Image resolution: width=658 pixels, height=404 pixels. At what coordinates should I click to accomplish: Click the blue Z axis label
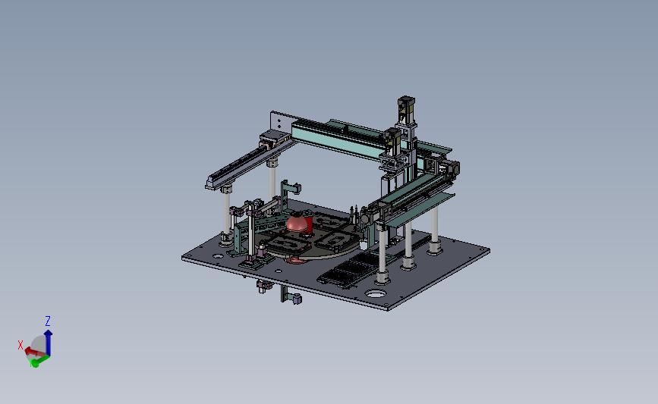click(48, 321)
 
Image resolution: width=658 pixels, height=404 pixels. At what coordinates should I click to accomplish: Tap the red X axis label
click(20, 345)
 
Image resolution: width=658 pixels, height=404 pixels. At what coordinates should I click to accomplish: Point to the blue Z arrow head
click(49, 334)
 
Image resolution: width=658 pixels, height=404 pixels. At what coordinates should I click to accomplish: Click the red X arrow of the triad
click(33, 352)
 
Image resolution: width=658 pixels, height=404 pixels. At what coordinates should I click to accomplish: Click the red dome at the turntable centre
click(297, 223)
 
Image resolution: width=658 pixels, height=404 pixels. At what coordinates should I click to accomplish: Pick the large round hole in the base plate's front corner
click(376, 294)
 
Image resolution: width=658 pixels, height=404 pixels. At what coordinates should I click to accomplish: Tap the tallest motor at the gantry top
click(406, 110)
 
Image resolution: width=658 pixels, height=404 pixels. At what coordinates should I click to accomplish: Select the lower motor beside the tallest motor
click(392, 141)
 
